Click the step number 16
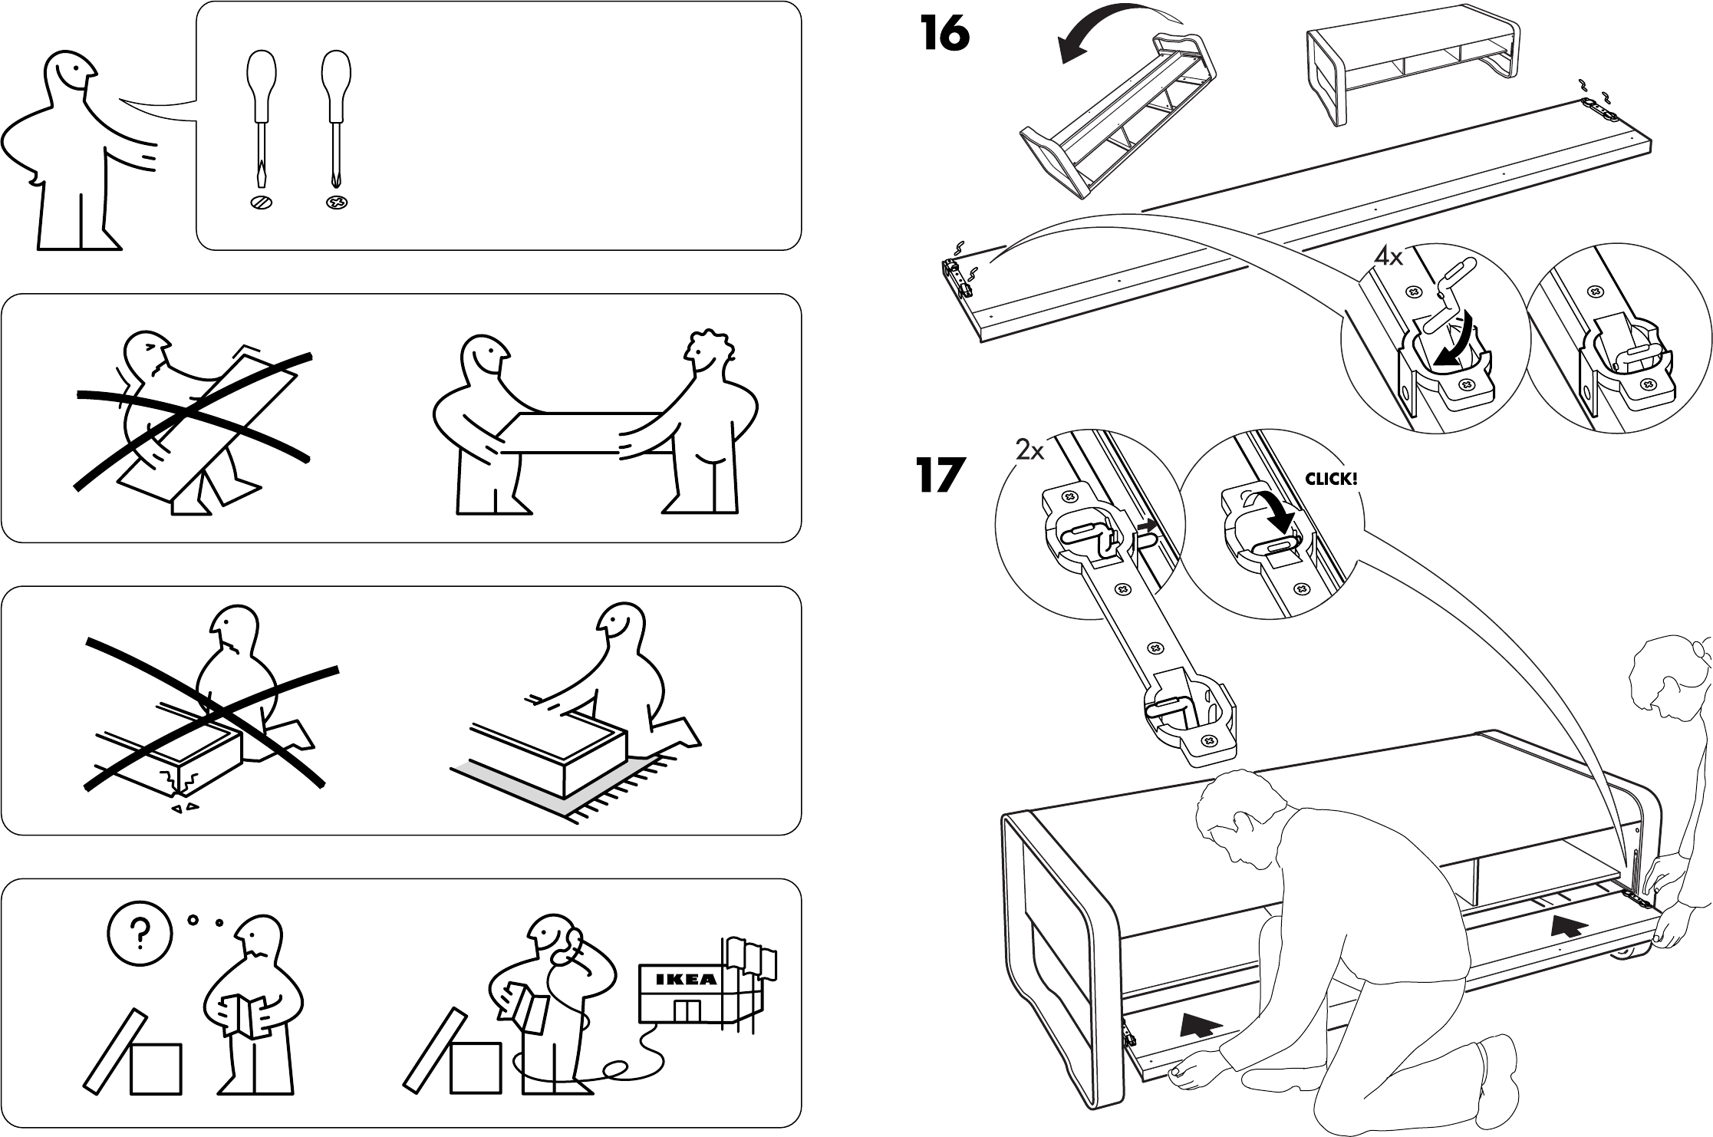point(945,35)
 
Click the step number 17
point(939,475)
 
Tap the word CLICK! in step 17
point(1331,480)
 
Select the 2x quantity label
point(1029,451)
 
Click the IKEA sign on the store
point(687,979)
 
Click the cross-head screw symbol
point(336,203)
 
